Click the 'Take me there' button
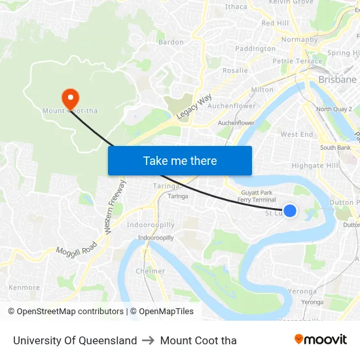coord(179,160)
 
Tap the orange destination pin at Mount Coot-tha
coord(70,99)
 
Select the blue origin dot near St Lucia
coord(289,211)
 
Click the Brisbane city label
coord(337,79)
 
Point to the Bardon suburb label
coord(171,42)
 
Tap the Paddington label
coord(255,48)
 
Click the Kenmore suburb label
coord(24,287)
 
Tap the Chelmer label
coord(150,271)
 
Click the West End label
coord(297,134)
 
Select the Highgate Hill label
coord(315,166)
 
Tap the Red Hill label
coord(275,23)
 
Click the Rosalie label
coord(235,70)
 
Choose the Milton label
coord(262,90)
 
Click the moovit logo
coord(320,339)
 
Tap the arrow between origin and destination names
coord(149,340)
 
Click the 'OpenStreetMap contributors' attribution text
coord(70,312)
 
